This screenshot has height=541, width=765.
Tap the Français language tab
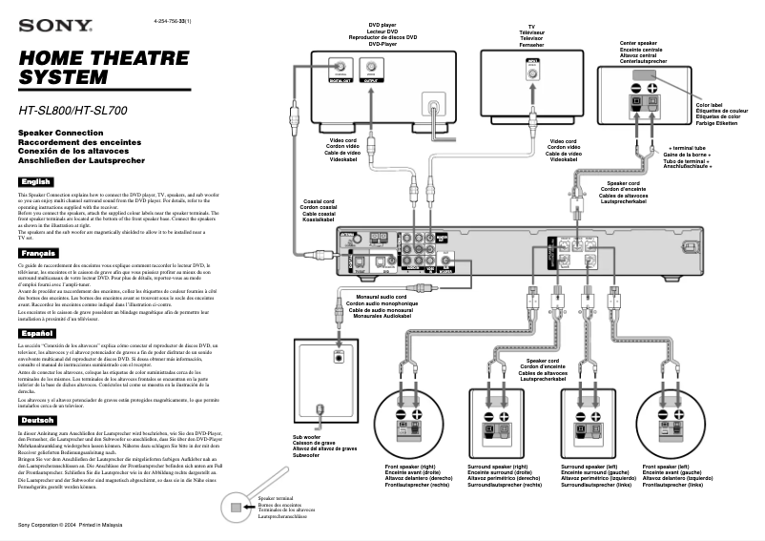(x=38, y=252)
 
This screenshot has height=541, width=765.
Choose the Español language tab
(x=37, y=333)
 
